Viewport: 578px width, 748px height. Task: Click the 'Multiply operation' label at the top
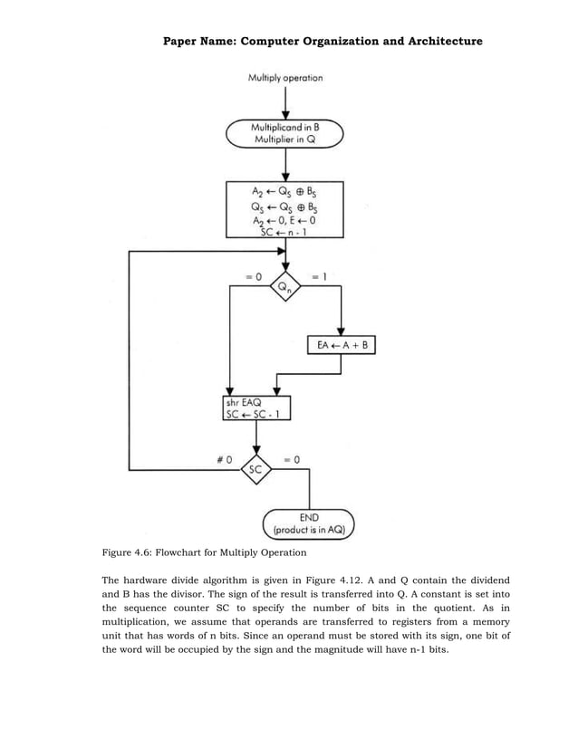coord(285,78)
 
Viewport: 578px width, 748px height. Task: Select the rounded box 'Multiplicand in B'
coord(285,135)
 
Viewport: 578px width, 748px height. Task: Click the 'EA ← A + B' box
coord(342,346)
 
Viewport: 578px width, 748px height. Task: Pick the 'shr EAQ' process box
coord(256,408)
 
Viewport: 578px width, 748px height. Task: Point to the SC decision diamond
coord(256,469)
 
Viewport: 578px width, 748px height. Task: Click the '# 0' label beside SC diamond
coord(223,459)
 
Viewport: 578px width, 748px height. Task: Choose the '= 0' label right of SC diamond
coord(292,459)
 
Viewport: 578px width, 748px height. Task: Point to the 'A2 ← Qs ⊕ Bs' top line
coord(284,191)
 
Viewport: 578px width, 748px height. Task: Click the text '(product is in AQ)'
coord(309,532)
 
